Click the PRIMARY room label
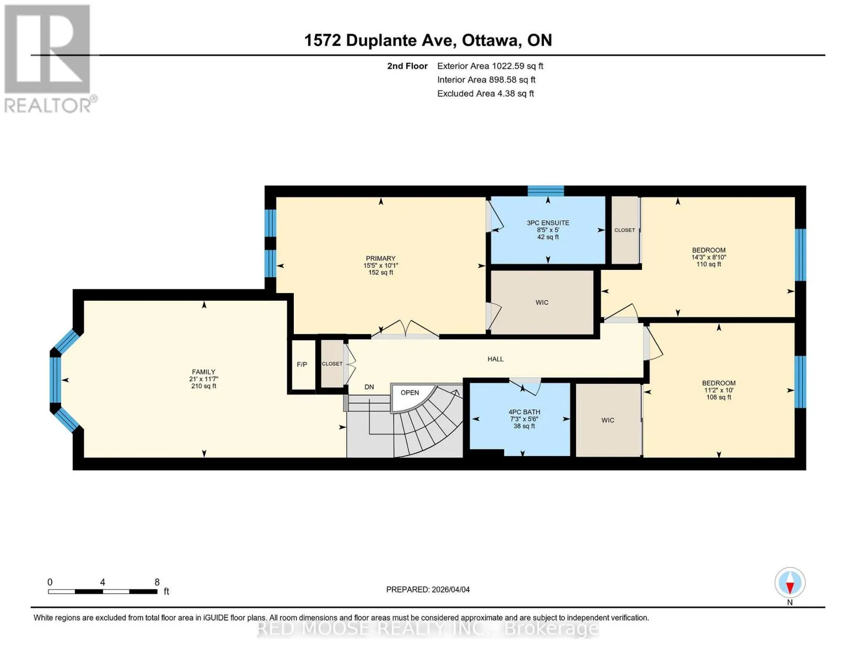tap(380, 258)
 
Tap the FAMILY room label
tap(203, 372)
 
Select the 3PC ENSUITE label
tap(547, 223)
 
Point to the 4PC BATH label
tap(524, 412)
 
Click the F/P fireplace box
tap(302, 365)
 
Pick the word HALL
tap(495, 359)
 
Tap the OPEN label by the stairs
tap(410, 393)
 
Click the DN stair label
tap(369, 387)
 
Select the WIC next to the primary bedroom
tap(542, 302)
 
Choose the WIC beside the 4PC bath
tap(607, 420)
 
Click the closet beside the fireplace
tap(332, 364)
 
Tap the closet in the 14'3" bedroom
tap(624, 230)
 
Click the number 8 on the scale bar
tap(157, 582)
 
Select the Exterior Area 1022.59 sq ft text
tap(490, 66)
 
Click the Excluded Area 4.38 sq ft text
tap(485, 94)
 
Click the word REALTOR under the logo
tap(48, 106)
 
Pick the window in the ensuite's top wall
tap(546, 191)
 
